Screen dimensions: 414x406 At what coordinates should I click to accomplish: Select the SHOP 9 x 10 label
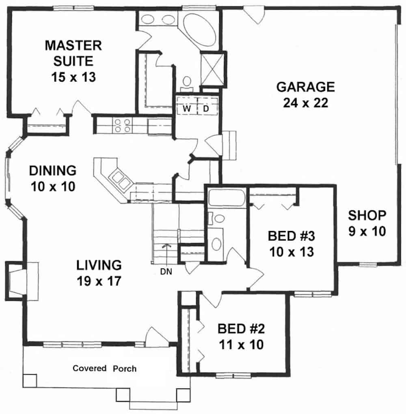click(367, 223)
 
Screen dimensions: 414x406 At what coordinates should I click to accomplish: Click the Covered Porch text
click(104, 369)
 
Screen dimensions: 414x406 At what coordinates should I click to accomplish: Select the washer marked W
click(187, 108)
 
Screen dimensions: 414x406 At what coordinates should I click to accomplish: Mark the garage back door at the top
click(255, 14)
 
